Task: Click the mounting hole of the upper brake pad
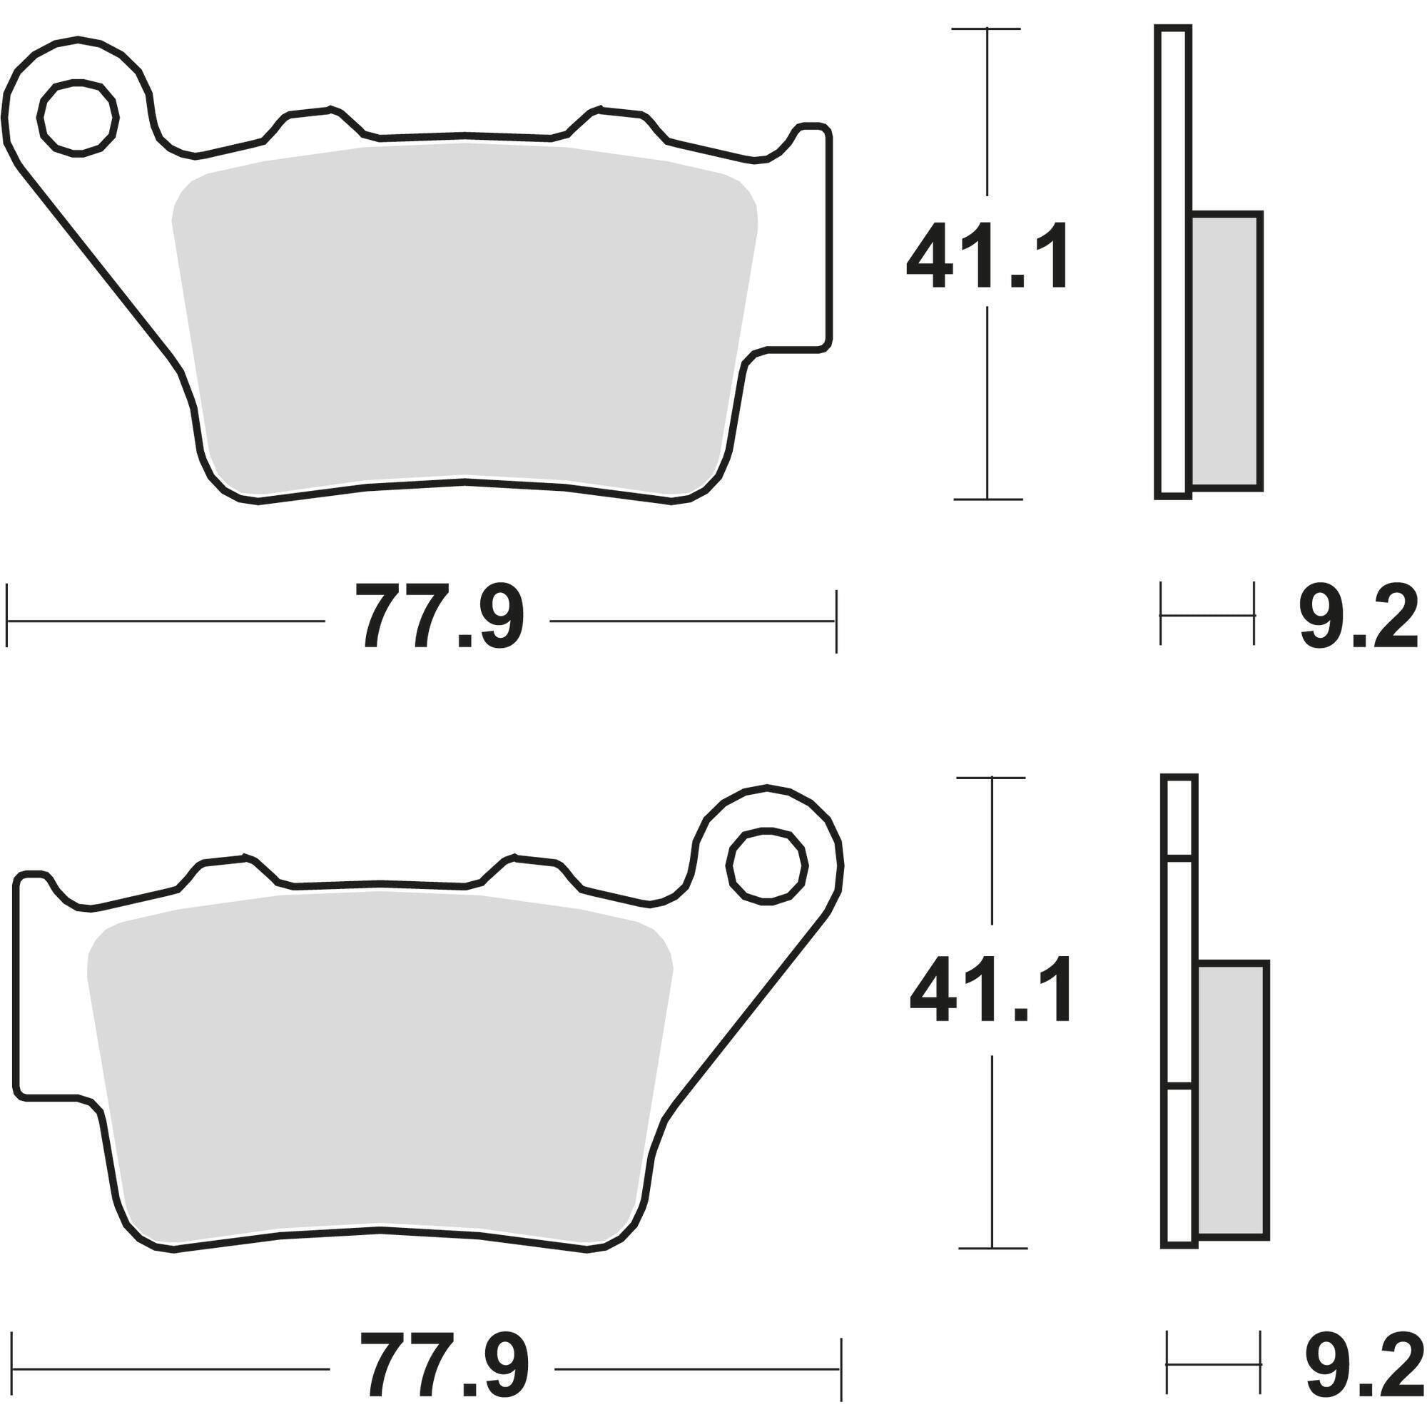click(79, 119)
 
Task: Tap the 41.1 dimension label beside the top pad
click(987, 255)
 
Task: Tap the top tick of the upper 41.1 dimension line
click(987, 28)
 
